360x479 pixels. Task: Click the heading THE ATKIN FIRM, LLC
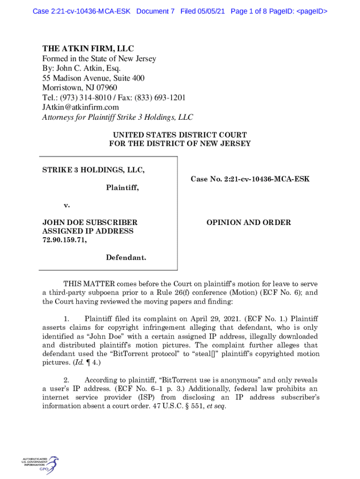pyautogui.click(x=88, y=49)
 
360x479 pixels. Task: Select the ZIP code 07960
pyautogui.click(x=107, y=88)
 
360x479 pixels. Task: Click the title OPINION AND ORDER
pyautogui.click(x=249, y=223)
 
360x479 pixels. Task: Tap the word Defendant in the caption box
pyautogui.click(x=125, y=257)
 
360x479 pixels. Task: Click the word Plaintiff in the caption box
pyautogui.click(x=122, y=188)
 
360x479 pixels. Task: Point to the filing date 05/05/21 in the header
pyautogui.click(x=213, y=11)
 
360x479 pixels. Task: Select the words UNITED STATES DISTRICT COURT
pyautogui.click(x=180, y=134)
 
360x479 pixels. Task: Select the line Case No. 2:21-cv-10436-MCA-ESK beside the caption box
pyautogui.click(x=250, y=179)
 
